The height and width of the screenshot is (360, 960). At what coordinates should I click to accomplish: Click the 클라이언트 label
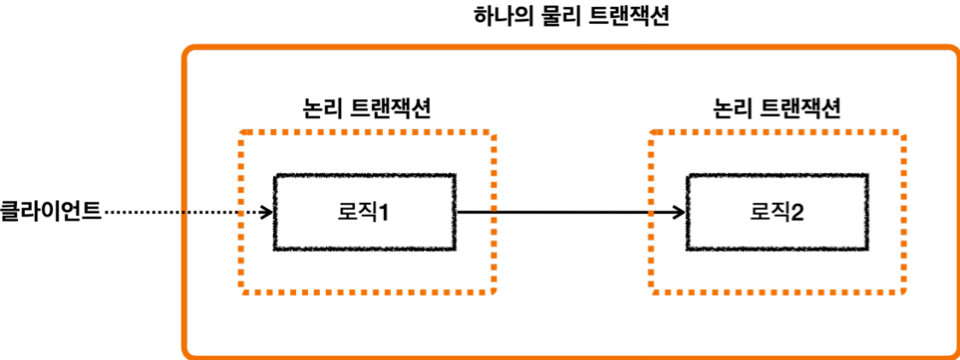(51, 210)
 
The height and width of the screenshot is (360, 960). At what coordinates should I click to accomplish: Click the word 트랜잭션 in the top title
(628, 17)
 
